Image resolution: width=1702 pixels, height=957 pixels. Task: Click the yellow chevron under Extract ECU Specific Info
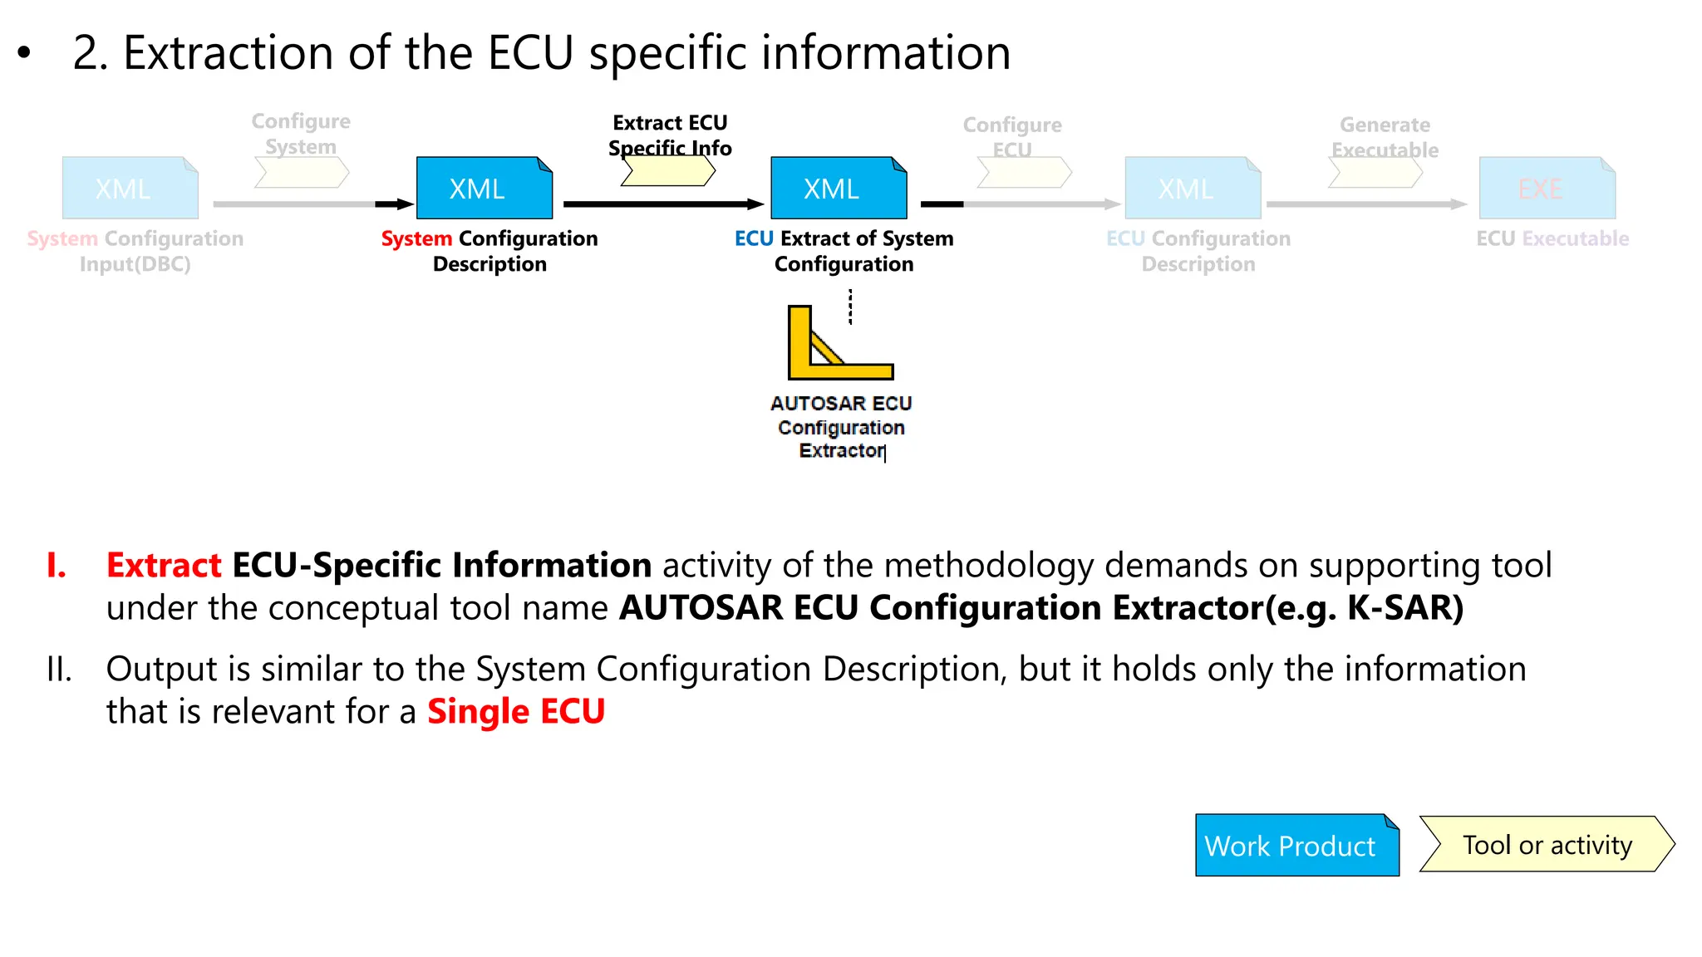(x=667, y=171)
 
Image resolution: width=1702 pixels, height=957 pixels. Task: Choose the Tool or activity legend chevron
(x=1547, y=844)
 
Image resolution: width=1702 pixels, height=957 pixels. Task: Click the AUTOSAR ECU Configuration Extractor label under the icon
(x=841, y=427)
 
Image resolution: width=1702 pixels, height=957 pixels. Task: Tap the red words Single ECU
(x=515, y=712)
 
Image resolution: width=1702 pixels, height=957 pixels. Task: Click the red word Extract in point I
(x=164, y=566)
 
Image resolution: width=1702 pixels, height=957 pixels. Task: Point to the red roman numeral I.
(x=56, y=566)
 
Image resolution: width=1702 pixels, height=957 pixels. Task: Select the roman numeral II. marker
(x=59, y=669)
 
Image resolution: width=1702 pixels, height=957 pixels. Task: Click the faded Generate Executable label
(x=1385, y=137)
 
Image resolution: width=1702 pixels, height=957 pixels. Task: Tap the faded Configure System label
(x=301, y=134)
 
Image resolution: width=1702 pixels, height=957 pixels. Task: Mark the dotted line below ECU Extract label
(x=850, y=307)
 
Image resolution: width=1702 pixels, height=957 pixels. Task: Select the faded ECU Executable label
(x=1552, y=238)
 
